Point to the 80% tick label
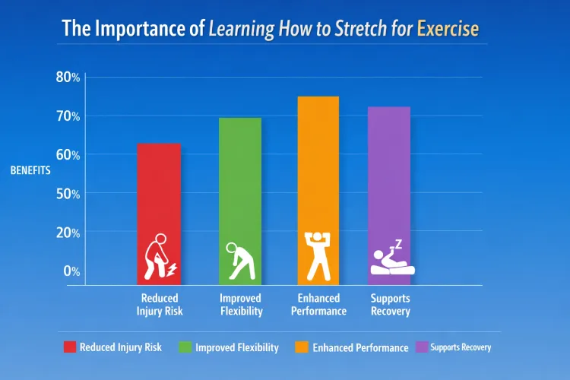pos(68,77)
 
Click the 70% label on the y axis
pos(68,116)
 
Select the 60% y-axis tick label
pos(68,154)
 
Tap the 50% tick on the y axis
pos(68,193)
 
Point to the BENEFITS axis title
pos(30,170)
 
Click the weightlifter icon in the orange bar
pos(318,255)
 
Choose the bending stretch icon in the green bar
pos(239,261)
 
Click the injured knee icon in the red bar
pos(160,258)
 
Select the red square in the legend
pos(69,347)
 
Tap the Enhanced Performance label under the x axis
pos(318,305)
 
